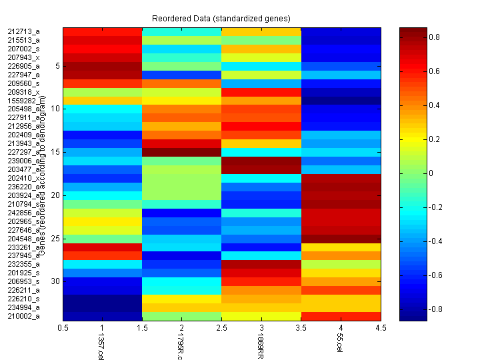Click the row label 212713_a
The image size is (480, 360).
pyautogui.click(x=23, y=32)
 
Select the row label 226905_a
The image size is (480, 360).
pyautogui.click(x=23, y=67)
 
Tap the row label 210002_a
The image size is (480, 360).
pyautogui.click(x=23, y=316)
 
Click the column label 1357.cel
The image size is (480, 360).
pyautogui.click(x=101, y=347)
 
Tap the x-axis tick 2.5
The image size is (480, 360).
pyautogui.click(x=221, y=327)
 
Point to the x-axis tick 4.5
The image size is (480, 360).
pyautogui.click(x=381, y=327)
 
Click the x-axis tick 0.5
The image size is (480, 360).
pyautogui.click(x=63, y=327)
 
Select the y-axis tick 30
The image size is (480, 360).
pyautogui.click(x=56, y=281)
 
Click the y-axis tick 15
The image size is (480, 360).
pyautogui.click(x=56, y=152)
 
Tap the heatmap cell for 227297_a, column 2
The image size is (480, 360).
pyautogui.click(x=181, y=152)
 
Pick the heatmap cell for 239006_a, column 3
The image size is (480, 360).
pyautogui.click(x=261, y=161)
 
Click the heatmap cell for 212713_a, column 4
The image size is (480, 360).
pyautogui.click(x=341, y=32)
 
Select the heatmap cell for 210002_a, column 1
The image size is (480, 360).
pyautogui.click(x=103, y=316)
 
